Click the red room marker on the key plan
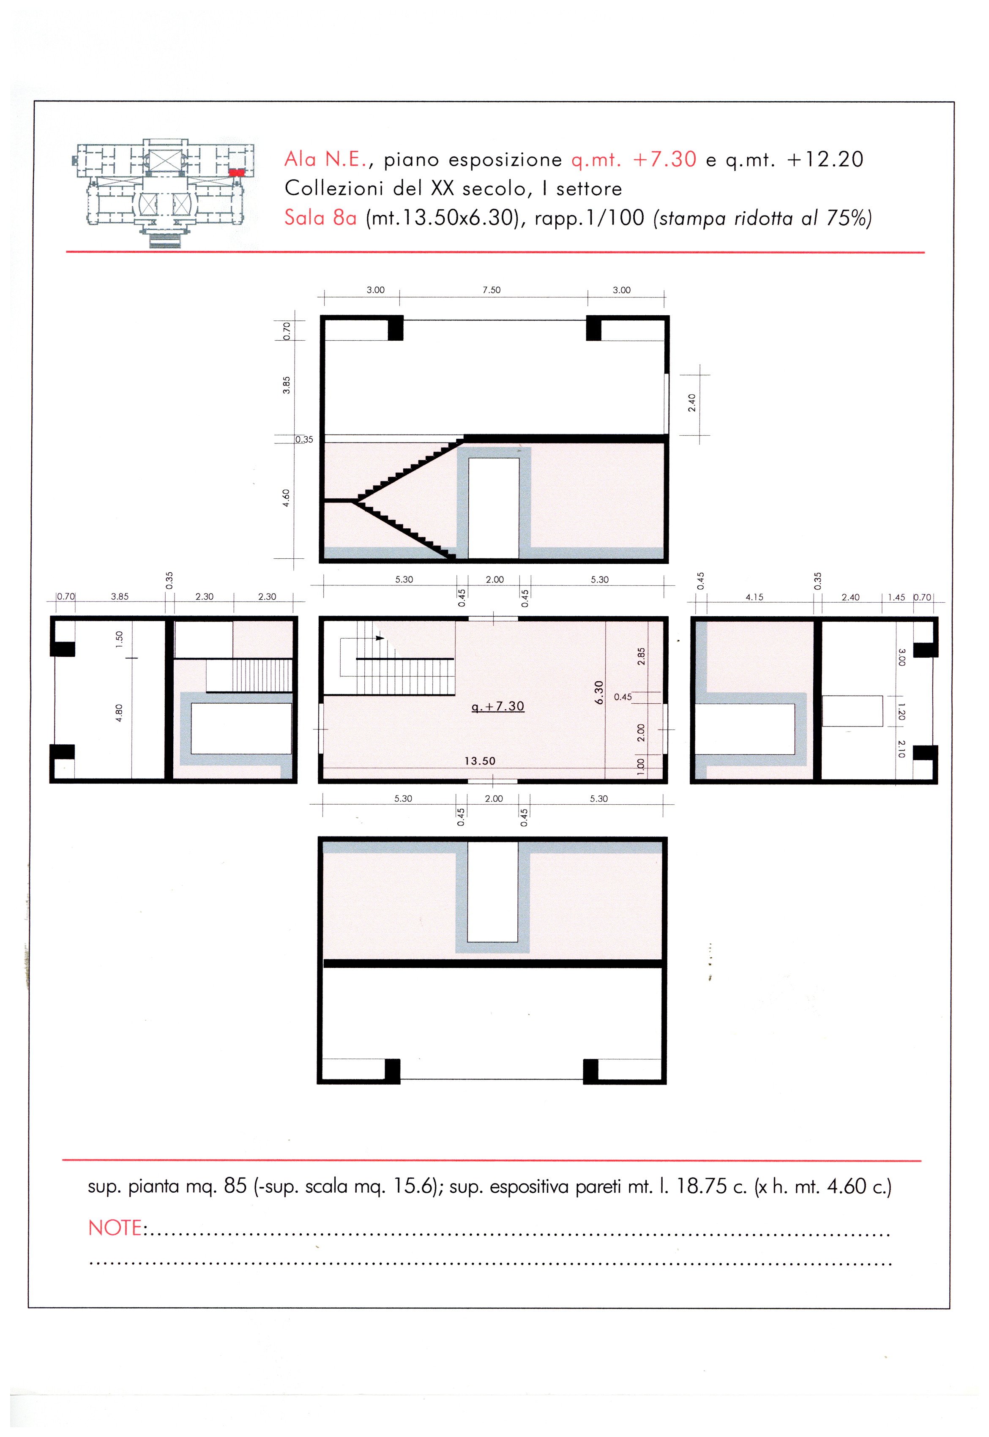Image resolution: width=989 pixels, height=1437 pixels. (x=237, y=173)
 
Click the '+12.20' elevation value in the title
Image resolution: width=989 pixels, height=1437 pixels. (x=825, y=159)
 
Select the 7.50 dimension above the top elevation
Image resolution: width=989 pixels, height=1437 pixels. (x=492, y=290)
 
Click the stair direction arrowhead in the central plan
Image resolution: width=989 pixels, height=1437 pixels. (x=380, y=638)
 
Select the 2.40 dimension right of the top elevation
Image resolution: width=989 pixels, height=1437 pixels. (x=692, y=403)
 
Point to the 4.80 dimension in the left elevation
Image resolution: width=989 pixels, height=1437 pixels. (x=120, y=713)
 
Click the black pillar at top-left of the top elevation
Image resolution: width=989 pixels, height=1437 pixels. (x=395, y=328)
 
